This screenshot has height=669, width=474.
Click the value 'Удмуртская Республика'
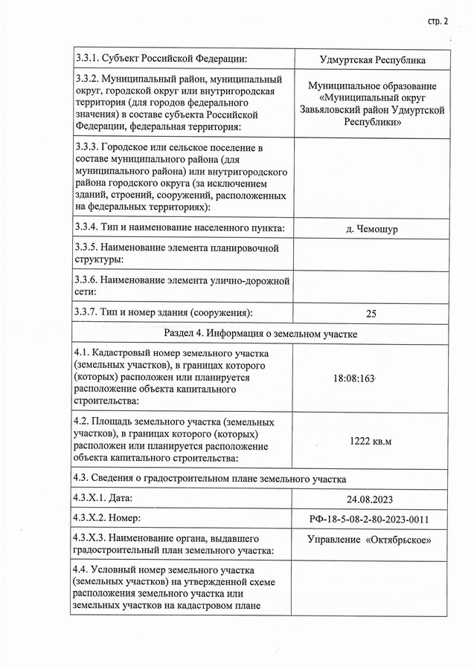[x=371, y=60]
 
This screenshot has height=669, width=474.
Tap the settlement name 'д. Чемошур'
[x=371, y=229]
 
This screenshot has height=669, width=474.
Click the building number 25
[x=371, y=313]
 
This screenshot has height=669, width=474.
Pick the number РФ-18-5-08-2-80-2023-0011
[x=371, y=519]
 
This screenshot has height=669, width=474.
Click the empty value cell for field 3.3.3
[x=371, y=176]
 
